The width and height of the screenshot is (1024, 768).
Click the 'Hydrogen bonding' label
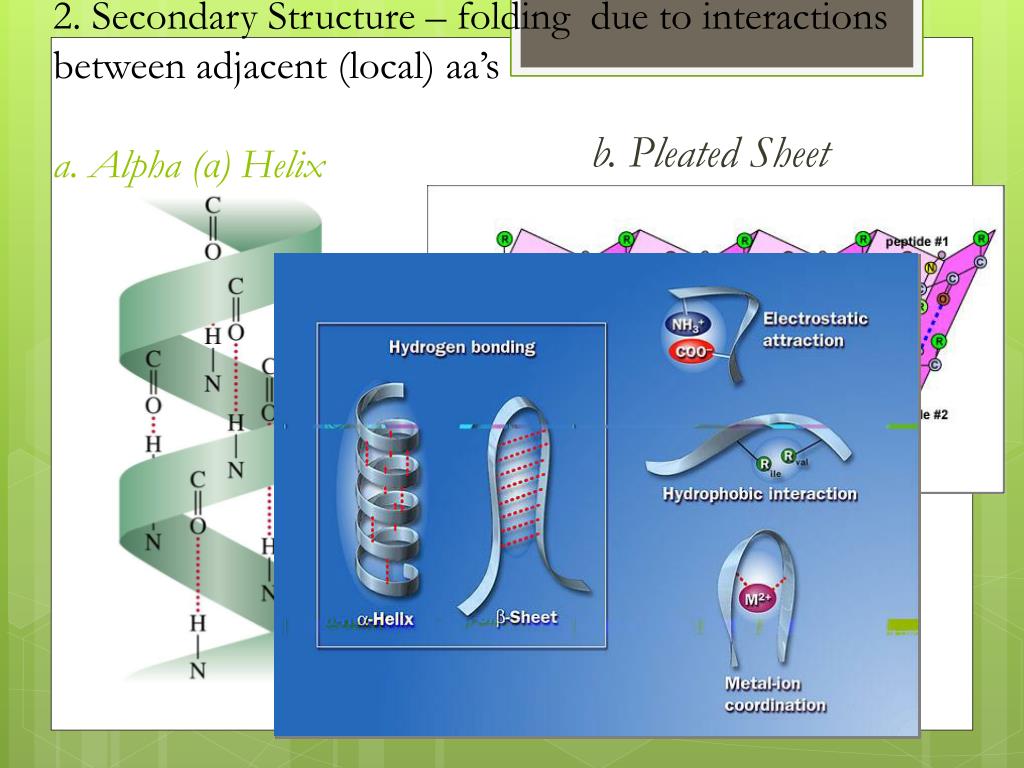461,348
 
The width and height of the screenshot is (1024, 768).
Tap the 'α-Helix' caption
384,619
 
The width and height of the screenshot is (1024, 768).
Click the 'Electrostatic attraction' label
815,330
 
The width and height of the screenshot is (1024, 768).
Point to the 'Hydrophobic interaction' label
759,493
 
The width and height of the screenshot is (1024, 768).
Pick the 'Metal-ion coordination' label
775,694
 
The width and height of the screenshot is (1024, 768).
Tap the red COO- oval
688,352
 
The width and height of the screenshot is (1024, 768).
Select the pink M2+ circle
756,599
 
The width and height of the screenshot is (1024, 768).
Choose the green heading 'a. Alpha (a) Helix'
190,166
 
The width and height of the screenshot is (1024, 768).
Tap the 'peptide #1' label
916,242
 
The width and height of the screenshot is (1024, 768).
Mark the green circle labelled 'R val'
789,457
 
